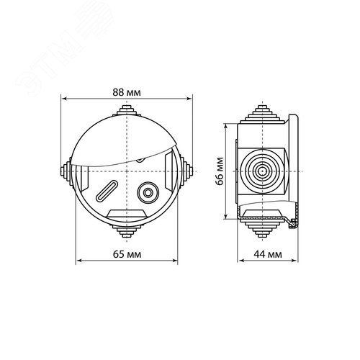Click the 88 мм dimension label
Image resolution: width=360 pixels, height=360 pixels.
[x=127, y=92]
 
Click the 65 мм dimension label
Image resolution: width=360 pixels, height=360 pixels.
[x=127, y=254]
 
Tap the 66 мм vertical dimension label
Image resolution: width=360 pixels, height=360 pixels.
[x=220, y=171]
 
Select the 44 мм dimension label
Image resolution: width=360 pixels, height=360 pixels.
[x=268, y=254]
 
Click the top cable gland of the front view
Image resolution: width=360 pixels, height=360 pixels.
[x=127, y=110]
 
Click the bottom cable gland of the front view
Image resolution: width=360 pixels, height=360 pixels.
[x=127, y=231]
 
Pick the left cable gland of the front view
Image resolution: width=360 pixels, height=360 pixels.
[x=66, y=171]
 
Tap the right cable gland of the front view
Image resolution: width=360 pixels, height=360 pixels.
[x=186, y=171]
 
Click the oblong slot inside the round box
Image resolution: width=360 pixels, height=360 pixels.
[x=107, y=191]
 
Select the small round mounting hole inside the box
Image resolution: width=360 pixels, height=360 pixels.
[x=148, y=193]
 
